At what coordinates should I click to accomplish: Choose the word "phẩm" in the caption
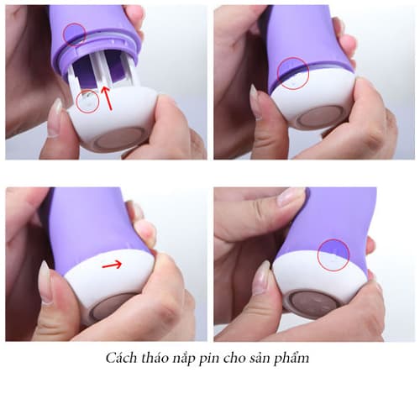pyautogui.click(x=291, y=359)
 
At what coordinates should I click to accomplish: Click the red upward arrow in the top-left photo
pyautogui.click(x=107, y=98)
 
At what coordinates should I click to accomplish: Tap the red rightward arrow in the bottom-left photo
pyautogui.click(x=112, y=265)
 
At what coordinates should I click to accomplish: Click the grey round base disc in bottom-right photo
pyautogui.click(x=313, y=304)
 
